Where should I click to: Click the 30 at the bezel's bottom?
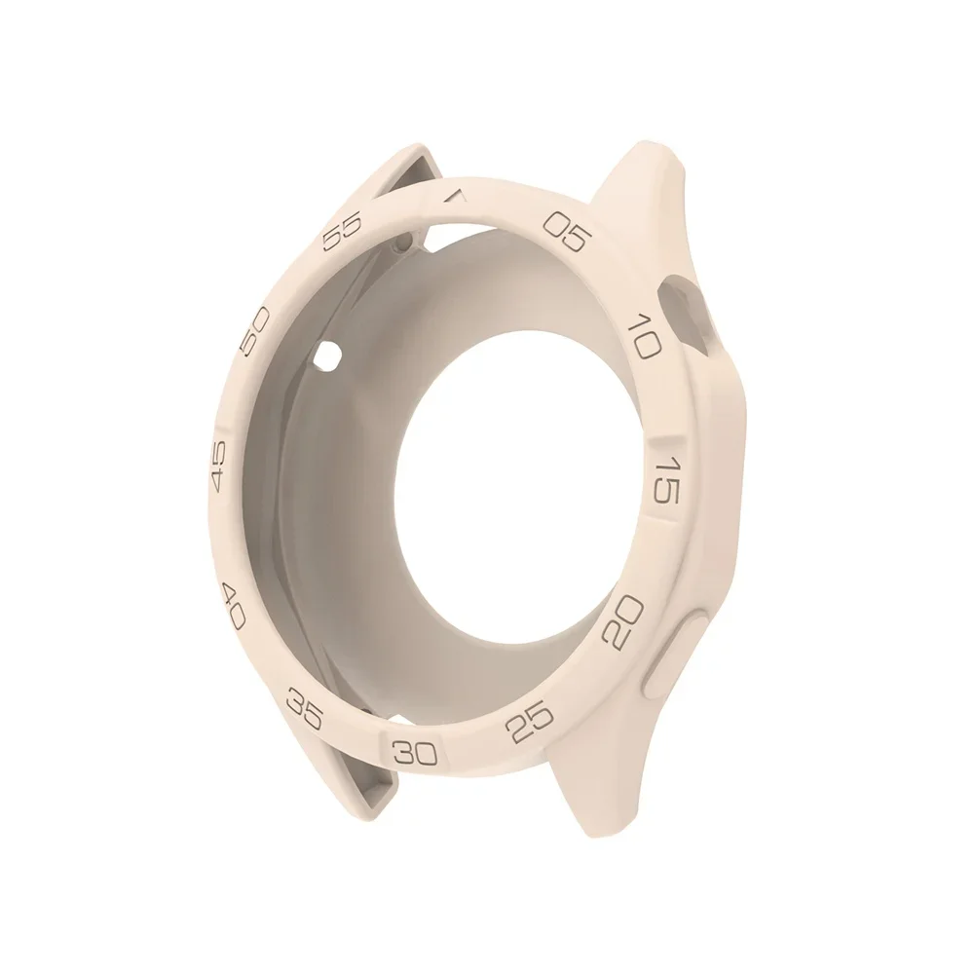point(417,750)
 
